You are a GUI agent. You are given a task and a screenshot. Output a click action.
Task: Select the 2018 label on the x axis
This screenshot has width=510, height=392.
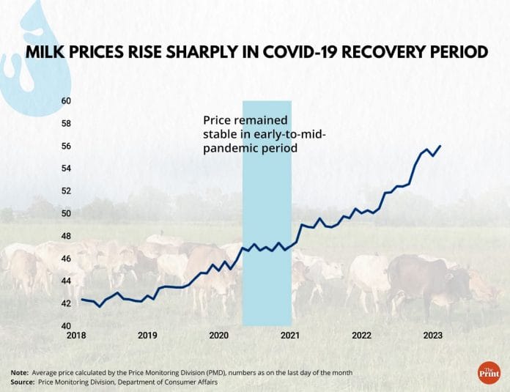click(76, 336)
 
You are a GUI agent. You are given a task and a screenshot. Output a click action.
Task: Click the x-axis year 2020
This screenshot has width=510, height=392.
click(219, 336)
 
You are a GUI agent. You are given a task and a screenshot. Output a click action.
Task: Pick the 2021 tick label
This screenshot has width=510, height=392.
click(290, 336)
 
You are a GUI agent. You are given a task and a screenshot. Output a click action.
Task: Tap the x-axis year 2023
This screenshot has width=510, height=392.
click(432, 336)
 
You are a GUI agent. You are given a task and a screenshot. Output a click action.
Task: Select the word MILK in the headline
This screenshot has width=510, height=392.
click(47, 53)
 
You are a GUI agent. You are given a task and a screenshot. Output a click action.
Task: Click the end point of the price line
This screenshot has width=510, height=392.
click(440, 146)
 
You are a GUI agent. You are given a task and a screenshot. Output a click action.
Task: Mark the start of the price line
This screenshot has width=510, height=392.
click(82, 299)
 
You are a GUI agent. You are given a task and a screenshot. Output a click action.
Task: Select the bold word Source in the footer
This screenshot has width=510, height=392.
click(23, 382)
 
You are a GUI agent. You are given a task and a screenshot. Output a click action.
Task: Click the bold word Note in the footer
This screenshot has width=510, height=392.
click(20, 373)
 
